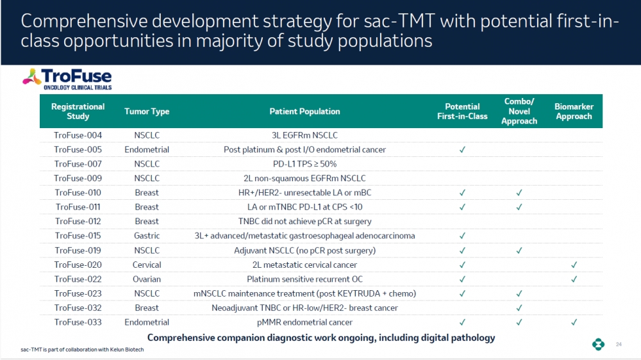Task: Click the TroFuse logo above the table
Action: coord(67,79)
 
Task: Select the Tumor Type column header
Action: coord(147,111)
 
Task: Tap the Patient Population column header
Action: coord(304,111)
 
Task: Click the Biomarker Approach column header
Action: coord(574,111)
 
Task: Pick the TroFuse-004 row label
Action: coord(78,135)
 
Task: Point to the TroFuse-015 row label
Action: coord(78,236)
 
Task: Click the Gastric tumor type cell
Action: coord(147,236)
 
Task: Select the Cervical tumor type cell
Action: coord(147,265)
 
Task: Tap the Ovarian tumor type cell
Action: coord(147,279)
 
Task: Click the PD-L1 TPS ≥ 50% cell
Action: coord(304,164)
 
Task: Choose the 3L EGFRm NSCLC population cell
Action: coord(304,135)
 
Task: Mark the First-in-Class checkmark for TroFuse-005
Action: coord(462,149)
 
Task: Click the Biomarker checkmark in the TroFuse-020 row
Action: coord(574,265)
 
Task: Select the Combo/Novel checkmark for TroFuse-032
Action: coord(519,307)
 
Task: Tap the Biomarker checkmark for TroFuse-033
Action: coord(574,322)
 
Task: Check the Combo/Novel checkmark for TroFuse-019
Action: coord(519,250)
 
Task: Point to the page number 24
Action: coord(619,345)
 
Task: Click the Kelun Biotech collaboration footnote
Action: coord(82,349)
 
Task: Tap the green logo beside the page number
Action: coord(599,344)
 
